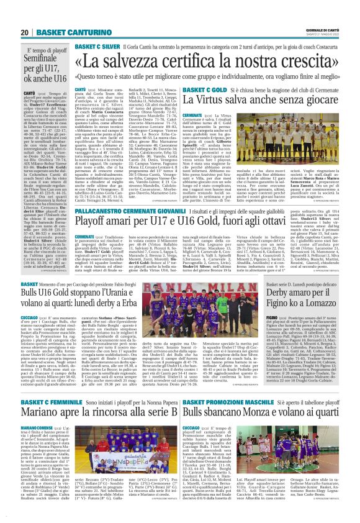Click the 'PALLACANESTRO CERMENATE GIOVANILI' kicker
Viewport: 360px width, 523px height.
click(125, 212)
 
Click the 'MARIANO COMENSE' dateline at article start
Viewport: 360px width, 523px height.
click(37, 429)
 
